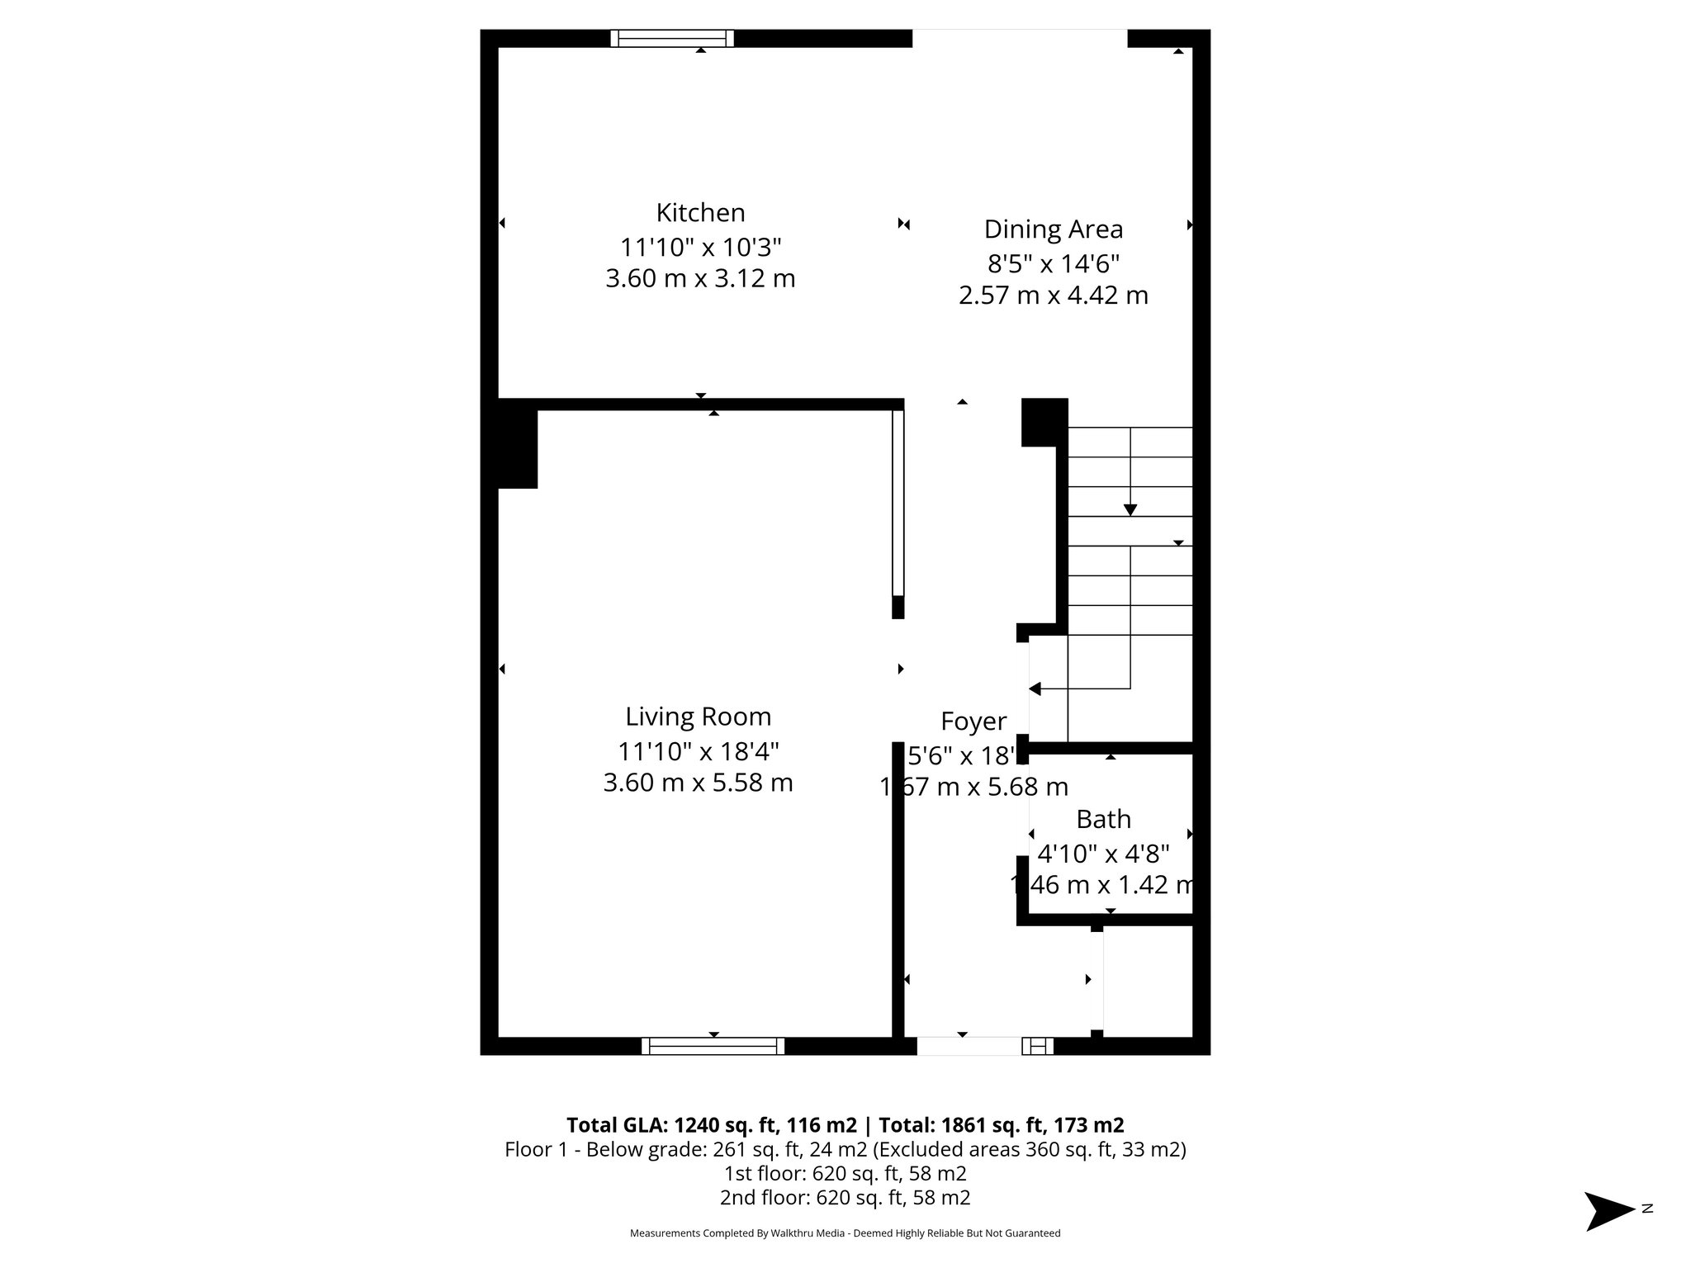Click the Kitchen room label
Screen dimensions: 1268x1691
700,213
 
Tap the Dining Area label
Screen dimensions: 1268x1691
1053,229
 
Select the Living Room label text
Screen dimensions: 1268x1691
698,717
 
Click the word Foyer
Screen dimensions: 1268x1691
973,722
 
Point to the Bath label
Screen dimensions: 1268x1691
1103,820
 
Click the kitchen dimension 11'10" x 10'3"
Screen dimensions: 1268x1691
700,247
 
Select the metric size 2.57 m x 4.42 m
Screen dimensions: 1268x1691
1053,296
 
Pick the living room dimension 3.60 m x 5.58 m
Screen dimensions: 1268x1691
698,783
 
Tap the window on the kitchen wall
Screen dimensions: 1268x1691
672,38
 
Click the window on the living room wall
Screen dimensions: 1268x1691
713,1046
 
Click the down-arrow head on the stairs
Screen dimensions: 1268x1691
1130,510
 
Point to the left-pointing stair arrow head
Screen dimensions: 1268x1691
1035,688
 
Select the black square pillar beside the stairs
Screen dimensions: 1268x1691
1044,422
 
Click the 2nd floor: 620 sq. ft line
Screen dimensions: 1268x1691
845,1198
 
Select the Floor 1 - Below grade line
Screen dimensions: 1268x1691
845,1150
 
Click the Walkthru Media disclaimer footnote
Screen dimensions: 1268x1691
845,1233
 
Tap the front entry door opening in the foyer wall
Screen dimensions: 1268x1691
969,1046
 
